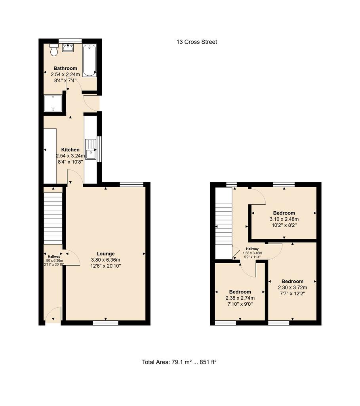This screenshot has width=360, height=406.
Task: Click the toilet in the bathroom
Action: tap(54, 50)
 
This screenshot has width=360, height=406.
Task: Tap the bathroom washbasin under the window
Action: tap(68, 48)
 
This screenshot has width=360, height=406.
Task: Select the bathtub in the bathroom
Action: tap(90, 60)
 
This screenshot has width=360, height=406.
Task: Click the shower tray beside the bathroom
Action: tap(53, 103)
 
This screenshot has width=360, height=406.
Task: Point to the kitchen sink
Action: tap(91, 149)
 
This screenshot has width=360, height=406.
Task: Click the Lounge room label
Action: tap(105, 254)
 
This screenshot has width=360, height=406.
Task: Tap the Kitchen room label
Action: tap(70, 149)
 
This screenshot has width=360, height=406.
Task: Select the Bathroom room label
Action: tap(65, 68)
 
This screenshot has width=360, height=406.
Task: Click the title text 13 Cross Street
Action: tap(197, 42)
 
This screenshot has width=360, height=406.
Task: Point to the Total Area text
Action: tap(179, 362)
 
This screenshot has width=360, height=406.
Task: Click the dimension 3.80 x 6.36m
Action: tap(105, 260)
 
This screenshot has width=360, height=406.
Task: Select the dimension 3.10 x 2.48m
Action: tap(284, 219)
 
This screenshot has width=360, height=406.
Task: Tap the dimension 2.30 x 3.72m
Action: tap(293, 287)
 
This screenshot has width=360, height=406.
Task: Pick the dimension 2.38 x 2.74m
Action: tap(240, 298)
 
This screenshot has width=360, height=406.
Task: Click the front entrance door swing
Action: tap(53, 314)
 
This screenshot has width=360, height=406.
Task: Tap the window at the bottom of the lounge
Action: tap(105, 323)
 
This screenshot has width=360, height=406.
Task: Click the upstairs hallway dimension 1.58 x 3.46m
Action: tap(252, 253)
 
